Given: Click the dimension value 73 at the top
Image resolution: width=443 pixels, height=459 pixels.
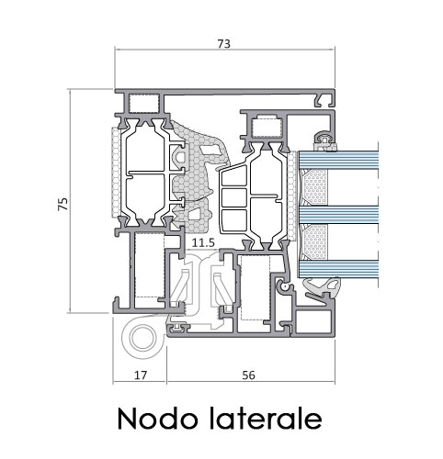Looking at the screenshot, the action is tap(223, 44).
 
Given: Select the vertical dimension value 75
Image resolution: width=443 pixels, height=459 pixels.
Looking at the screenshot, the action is tap(63, 204).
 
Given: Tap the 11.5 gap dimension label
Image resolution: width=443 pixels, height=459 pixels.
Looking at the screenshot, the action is tap(203, 243).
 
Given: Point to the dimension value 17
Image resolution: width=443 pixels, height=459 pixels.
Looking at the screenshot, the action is tap(141, 375).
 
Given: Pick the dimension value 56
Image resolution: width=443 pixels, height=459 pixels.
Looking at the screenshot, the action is tap(248, 375).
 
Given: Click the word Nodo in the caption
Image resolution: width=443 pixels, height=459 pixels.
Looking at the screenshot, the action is tap(157, 419).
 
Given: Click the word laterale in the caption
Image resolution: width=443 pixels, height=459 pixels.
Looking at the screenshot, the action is tap(266, 418).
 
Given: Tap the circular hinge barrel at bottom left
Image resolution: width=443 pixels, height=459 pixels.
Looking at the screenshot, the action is tap(142, 338).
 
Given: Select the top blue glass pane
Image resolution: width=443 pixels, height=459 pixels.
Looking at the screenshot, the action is tap(338, 159).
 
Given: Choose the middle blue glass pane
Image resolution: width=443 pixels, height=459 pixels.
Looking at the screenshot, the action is tap(338, 215).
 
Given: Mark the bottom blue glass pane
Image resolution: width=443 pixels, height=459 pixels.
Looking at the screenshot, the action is tap(338, 269).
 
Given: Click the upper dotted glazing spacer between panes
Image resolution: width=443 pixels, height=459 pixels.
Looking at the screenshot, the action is tap(315, 187).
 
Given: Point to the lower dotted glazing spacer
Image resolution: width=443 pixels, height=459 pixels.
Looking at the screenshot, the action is tap(315, 241).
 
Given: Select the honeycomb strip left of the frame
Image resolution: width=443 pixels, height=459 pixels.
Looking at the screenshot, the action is tap(116, 173).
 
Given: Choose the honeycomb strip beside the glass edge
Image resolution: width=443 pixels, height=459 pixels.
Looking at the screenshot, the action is tap(292, 196).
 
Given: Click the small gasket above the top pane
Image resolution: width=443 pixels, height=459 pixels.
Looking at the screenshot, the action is tap(325, 141).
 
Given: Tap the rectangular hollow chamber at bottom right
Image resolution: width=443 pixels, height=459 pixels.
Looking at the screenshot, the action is tap(313, 321).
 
